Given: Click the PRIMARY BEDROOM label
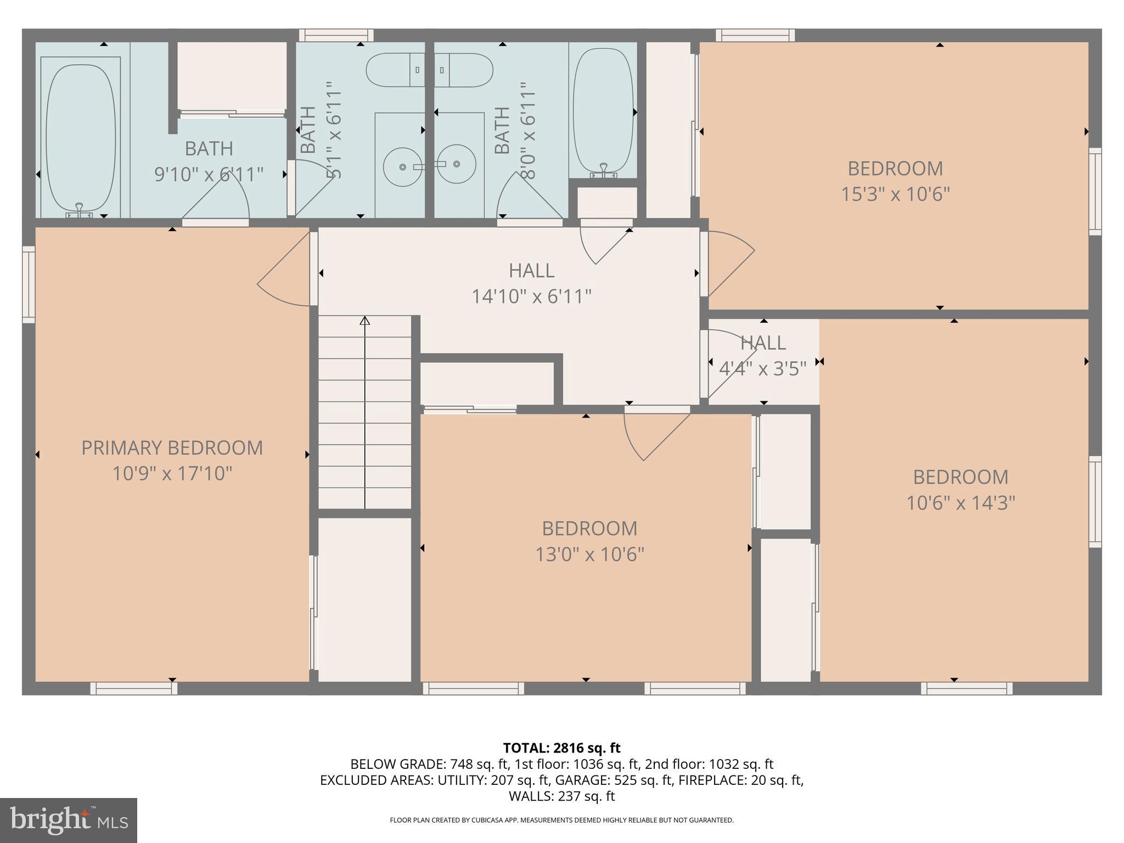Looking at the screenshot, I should [x=172, y=448].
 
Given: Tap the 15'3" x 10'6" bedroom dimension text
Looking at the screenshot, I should [x=895, y=194].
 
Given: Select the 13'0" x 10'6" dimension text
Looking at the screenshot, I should [x=589, y=554].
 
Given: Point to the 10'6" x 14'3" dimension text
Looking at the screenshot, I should [x=960, y=503].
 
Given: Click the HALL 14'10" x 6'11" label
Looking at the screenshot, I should [x=531, y=283].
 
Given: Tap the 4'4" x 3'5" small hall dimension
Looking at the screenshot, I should [x=763, y=368].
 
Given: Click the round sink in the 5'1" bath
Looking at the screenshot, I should [x=403, y=166].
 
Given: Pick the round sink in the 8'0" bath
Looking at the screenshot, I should [x=457, y=164].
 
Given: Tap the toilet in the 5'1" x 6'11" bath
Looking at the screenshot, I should [x=395, y=70].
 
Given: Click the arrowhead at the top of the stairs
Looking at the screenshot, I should [x=364, y=320].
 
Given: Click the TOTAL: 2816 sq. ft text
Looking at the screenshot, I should [x=561, y=748].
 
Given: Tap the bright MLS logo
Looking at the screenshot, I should [x=69, y=820].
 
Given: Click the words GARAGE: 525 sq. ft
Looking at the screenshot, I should [x=602, y=780].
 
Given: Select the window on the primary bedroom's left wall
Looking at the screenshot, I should [x=29, y=284].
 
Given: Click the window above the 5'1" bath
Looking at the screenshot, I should [x=336, y=35].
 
